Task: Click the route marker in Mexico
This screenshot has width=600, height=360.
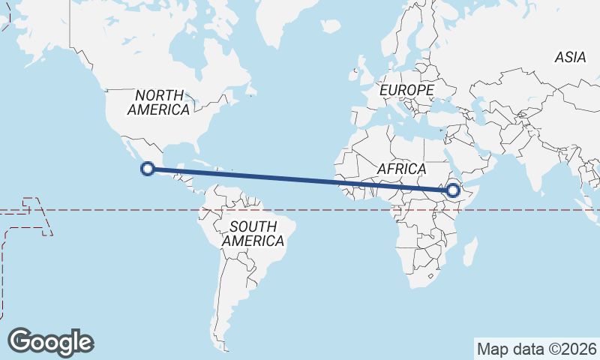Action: pyautogui.click(x=148, y=169)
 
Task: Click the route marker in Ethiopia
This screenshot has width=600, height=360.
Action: pyautogui.click(x=452, y=190)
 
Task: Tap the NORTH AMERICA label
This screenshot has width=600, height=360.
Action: pyautogui.click(x=158, y=103)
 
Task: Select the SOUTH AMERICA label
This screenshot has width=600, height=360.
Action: pyautogui.click(x=253, y=234)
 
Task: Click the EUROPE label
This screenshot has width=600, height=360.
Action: pyautogui.click(x=406, y=90)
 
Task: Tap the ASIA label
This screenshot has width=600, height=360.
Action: pyautogui.click(x=570, y=57)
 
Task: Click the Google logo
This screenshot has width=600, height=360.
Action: pyautogui.click(x=50, y=341)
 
